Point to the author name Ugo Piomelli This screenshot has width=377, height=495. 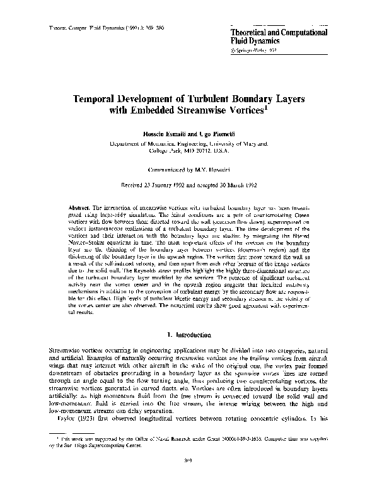[211, 136]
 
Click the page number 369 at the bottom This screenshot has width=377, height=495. [188, 480]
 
